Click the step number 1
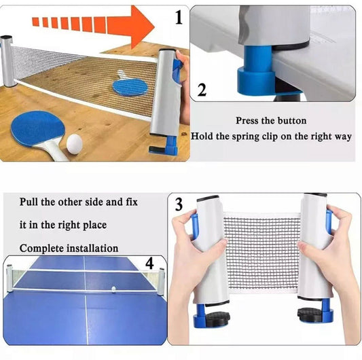pos(179,18)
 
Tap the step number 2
pos(201,90)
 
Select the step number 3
pos(178,204)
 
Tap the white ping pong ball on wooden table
pos(74,142)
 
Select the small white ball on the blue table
pos(112,289)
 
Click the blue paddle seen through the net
pos(130,86)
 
